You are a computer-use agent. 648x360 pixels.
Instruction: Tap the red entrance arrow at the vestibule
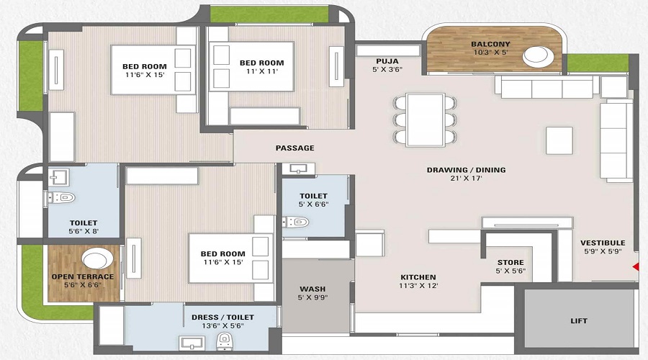635,267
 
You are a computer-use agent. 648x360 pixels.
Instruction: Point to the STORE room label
510,262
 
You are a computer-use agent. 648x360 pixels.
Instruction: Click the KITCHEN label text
418,276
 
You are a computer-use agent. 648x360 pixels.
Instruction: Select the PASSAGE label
294,148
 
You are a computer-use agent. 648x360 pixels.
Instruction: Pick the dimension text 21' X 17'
466,180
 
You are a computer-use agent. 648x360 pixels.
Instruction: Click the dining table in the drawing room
425,117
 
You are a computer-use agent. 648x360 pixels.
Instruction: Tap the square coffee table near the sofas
559,140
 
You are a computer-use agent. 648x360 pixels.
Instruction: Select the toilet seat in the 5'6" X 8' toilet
63,197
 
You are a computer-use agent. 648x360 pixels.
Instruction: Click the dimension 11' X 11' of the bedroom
261,73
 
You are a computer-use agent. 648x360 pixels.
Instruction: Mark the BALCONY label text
490,44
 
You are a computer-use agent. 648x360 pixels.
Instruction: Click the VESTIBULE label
603,243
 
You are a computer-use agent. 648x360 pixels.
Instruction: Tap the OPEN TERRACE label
82,276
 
